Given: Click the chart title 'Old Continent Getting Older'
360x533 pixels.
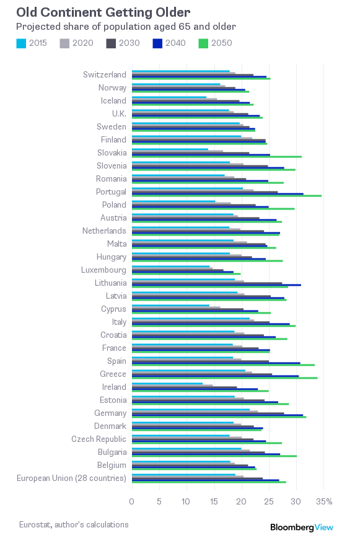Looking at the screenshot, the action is click(103, 12).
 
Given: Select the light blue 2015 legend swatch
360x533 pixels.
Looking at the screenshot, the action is click(21, 43).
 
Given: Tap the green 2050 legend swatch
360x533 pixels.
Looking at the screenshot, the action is click(203, 43).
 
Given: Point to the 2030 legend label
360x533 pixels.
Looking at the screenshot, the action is click(129, 43).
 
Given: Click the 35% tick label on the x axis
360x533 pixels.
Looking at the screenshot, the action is click(324, 501).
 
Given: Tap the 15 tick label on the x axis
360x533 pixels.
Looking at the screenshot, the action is click(214, 501).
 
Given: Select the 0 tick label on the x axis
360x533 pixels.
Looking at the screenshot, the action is click(131, 501).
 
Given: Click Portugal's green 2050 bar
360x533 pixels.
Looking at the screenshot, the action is click(227, 196).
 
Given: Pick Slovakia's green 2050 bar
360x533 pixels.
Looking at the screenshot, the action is click(217, 157).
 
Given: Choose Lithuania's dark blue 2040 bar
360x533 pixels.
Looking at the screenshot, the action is click(216, 285).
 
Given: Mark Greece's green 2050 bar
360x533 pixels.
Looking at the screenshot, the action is click(225, 378).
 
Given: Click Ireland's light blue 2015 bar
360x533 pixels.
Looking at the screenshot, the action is click(167, 384).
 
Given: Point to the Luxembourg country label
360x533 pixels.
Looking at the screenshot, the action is click(103, 270).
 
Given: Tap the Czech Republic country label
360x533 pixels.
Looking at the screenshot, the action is click(99, 439).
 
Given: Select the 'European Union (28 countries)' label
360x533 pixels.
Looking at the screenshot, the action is click(71, 478).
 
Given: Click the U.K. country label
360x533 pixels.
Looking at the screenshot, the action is click(119, 113).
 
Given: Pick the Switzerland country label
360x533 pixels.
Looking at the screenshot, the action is click(105, 74).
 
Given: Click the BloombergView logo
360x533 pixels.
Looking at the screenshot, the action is click(302, 527).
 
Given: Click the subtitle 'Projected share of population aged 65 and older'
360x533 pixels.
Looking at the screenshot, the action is click(126, 27).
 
